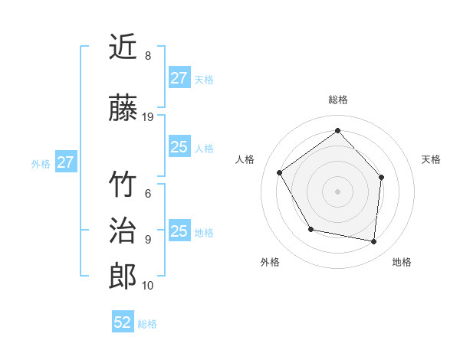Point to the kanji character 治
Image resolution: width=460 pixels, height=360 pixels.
123,231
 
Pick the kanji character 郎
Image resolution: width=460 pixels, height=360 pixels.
123,277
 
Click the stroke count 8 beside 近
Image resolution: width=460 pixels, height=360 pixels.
147,56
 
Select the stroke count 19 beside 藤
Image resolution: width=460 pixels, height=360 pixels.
149,117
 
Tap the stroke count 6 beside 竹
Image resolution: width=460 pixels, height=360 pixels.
147,194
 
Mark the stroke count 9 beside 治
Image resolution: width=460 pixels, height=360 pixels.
147,239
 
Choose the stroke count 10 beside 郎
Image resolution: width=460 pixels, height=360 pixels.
149,285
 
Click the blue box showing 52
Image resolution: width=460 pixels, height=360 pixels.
123,322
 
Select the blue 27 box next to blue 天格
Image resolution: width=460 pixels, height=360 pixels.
179,78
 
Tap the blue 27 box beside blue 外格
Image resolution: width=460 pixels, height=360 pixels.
65,162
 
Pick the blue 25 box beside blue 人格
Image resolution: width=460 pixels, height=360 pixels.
179,147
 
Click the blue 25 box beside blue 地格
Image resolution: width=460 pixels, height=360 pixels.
179,231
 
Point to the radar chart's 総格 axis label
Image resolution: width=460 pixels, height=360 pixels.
338,100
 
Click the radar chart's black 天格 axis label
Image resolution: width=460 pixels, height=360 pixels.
431,159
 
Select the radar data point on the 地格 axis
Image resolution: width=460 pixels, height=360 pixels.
374,242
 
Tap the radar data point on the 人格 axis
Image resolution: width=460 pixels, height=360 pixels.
280,173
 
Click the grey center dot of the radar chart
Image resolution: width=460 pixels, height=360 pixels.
338,191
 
